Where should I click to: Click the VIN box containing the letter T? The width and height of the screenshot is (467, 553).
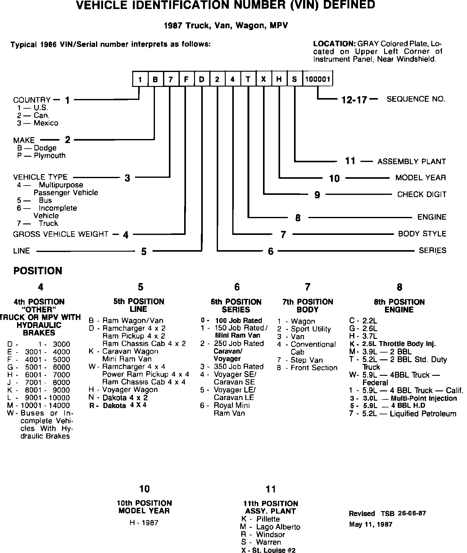[248, 79]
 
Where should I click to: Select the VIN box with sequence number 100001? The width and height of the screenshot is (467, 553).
[317, 79]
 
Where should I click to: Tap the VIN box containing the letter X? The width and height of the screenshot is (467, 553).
[264, 79]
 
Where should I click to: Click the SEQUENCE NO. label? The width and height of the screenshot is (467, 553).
[416, 99]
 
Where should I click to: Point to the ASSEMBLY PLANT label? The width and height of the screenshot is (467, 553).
[411, 161]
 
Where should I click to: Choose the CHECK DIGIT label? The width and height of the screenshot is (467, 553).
[422, 195]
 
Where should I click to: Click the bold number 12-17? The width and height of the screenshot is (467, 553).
[354, 100]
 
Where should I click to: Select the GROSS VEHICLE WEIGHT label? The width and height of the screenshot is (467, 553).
[61, 234]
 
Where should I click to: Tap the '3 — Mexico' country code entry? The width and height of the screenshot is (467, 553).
[38, 123]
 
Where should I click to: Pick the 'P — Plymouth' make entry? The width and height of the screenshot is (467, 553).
[41, 155]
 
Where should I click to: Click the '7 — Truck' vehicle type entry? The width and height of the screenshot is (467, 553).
[38, 223]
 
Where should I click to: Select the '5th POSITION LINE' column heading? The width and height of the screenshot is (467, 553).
[138, 305]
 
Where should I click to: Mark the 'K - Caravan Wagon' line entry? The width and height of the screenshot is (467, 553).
[124, 351]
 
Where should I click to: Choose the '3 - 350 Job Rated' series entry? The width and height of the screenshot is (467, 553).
[232, 366]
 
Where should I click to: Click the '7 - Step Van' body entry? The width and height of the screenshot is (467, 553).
[300, 360]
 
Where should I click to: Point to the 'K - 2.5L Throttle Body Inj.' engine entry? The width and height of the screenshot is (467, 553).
[393, 344]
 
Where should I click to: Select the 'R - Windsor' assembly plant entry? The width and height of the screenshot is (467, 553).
[263, 534]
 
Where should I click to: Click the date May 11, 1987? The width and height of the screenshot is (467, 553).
[370, 524]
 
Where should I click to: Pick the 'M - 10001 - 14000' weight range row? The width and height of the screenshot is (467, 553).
[39, 405]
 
